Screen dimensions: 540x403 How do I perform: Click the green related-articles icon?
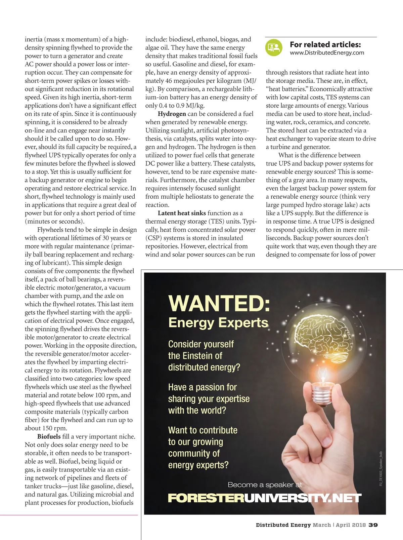point(274,48)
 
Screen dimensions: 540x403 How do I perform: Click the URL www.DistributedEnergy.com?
point(327,53)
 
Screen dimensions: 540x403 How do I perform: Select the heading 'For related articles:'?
point(325,44)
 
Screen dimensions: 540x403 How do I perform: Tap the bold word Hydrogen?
point(172,114)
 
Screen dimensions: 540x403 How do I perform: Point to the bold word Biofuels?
point(49,437)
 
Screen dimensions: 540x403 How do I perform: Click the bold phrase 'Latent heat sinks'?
point(182,213)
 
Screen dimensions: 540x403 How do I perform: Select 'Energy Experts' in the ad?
point(218,323)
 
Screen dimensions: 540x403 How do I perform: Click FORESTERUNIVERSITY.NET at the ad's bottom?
point(264,498)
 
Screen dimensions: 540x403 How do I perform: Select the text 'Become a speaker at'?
point(265,485)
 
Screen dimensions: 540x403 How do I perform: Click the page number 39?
point(373,525)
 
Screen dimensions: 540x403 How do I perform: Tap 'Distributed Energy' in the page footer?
point(283,525)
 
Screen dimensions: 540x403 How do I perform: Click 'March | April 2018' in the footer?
point(339,525)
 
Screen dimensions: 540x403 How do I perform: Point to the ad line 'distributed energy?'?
point(204,367)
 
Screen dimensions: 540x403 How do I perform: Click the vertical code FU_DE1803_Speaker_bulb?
point(381,468)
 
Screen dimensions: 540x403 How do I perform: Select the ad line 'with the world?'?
point(197,411)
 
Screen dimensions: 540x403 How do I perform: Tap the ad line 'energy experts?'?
point(198,465)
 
